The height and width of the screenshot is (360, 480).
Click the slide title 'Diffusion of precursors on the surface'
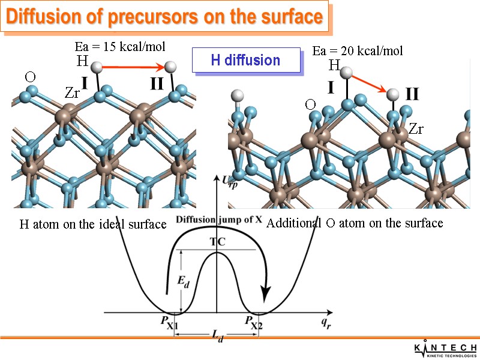pyautogui.click(x=164, y=17)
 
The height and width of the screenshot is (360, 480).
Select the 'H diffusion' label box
pyautogui.click(x=246, y=60)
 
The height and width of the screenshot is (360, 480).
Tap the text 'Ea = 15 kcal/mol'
pyautogui.click(x=119, y=46)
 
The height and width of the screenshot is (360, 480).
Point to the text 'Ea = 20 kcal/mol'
pyautogui.click(x=358, y=51)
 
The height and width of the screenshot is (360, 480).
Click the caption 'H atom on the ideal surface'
pyautogui.click(x=93, y=224)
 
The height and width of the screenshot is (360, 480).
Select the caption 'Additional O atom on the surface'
pyautogui.click(x=355, y=223)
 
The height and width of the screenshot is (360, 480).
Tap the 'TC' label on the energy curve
pyautogui.click(x=217, y=242)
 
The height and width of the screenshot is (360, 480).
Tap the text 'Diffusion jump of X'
pyautogui.click(x=218, y=220)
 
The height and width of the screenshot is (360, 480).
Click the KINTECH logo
pyautogui.click(x=446, y=349)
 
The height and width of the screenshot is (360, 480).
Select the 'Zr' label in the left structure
pyautogui.click(x=72, y=92)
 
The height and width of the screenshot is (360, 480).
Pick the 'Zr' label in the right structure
pyautogui.click(x=416, y=128)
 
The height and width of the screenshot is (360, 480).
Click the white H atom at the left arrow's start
pyautogui.click(x=95, y=67)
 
